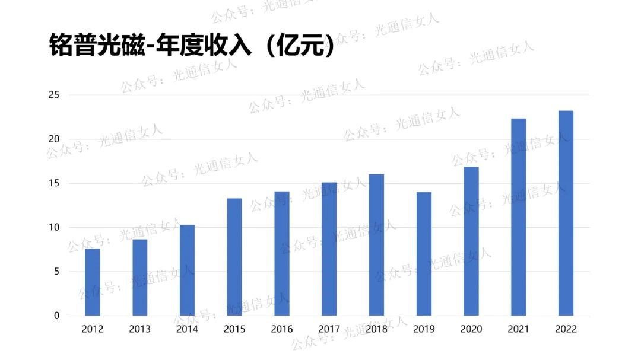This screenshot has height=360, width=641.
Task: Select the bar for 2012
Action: (93, 282)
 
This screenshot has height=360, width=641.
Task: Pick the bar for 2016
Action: (282, 253)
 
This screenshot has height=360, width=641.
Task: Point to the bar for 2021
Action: (518, 217)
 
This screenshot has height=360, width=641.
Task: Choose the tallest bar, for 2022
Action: (566, 213)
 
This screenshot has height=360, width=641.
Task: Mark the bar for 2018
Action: (376, 244)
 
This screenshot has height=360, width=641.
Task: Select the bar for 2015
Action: (234, 257)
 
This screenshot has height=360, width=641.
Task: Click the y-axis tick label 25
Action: (55, 95)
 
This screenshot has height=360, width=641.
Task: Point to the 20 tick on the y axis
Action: (55, 139)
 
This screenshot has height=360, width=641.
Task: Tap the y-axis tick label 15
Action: (55, 183)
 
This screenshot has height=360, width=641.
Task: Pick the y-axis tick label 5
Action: (57, 272)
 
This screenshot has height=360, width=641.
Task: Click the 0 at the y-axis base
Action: (57, 316)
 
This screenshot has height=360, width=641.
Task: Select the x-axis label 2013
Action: (139, 329)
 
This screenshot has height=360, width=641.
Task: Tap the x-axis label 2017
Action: (329, 329)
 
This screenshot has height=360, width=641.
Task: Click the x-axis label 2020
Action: (471, 329)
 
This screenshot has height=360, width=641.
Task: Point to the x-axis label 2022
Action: (566, 329)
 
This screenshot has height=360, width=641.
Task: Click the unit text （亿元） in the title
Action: (300, 45)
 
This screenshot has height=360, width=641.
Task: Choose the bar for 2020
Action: (471, 241)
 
